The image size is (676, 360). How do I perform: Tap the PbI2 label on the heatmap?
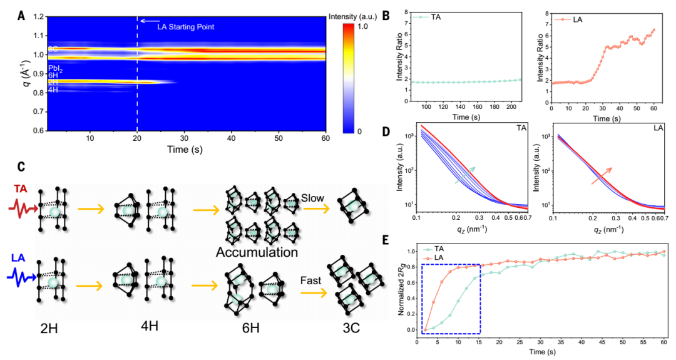[x=56, y=68]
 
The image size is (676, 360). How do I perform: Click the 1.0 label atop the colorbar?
[x=368, y=28]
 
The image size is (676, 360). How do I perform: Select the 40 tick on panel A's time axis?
[x=232, y=138]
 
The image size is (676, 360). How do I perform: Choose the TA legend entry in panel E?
[x=438, y=248]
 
